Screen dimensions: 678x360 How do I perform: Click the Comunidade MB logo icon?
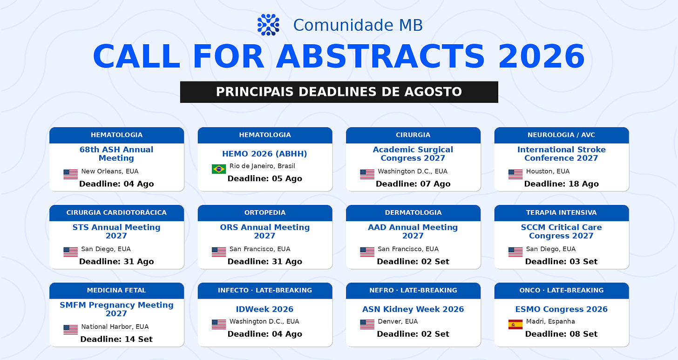tap(268, 25)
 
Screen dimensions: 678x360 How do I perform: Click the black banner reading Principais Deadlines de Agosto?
tap(339, 92)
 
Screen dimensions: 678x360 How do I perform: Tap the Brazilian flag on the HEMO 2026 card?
tap(219, 169)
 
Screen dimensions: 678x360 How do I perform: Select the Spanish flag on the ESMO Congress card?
tap(515, 324)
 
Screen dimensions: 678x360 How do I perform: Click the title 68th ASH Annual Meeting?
tap(116, 154)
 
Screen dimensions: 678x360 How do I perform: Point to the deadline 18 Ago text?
tap(562, 184)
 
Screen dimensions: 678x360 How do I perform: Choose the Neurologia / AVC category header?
tap(562, 135)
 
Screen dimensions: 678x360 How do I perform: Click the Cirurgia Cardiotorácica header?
tap(116, 213)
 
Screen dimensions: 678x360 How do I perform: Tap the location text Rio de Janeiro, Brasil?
tap(262, 166)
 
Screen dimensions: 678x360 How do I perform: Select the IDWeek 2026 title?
tap(265, 309)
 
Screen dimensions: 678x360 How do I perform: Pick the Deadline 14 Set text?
tap(116, 339)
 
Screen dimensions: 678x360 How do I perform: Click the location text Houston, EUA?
tap(548, 171)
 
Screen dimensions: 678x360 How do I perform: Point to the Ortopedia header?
tap(265, 213)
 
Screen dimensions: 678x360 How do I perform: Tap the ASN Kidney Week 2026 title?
tap(413, 309)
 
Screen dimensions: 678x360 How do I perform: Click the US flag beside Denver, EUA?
tap(367, 324)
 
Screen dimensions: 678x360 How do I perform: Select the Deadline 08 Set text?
tap(562, 334)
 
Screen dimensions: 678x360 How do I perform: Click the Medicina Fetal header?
tap(116, 290)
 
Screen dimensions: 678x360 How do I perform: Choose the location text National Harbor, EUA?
tap(115, 326)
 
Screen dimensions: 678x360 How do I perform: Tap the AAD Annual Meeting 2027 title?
tap(413, 231)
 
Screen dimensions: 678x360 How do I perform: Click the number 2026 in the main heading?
tap(542, 57)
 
